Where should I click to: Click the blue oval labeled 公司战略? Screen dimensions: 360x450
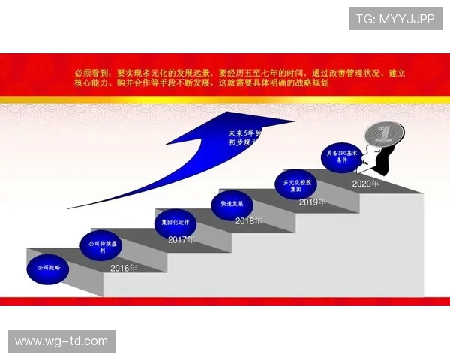(x=47, y=267)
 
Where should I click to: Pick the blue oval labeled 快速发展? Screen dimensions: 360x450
(x=232, y=203)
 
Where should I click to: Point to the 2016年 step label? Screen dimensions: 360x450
(x=124, y=268)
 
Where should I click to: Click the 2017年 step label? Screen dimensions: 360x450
(x=181, y=240)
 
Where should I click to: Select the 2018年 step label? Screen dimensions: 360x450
(x=249, y=221)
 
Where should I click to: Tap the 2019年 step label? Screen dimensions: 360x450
(x=313, y=202)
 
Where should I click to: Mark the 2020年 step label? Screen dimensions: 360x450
(x=365, y=184)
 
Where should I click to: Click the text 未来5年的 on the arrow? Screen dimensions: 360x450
(x=246, y=134)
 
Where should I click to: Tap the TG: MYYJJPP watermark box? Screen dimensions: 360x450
(x=394, y=19)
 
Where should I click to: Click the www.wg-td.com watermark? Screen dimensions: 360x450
(x=61, y=341)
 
